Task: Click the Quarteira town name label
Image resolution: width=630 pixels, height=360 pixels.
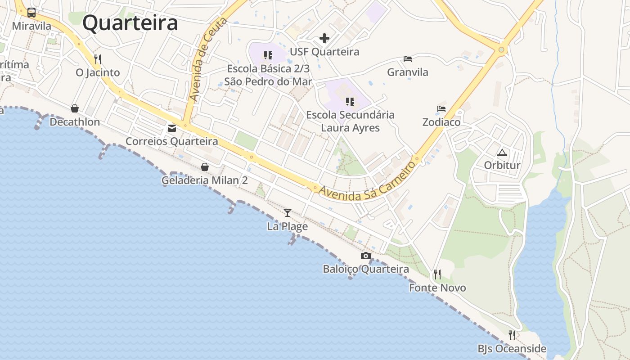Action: click(x=130, y=22)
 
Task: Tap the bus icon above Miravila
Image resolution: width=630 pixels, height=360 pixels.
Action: click(x=31, y=13)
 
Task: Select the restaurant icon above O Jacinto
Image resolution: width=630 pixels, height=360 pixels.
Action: click(x=98, y=59)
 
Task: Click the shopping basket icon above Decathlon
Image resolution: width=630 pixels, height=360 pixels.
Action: click(x=75, y=108)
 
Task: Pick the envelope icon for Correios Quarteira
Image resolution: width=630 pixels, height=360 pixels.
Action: click(x=172, y=128)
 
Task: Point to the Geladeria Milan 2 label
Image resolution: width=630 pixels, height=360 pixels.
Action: click(x=205, y=180)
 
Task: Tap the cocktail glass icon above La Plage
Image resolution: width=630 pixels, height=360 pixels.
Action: click(x=288, y=212)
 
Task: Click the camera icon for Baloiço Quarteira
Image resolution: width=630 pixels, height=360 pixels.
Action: click(x=366, y=256)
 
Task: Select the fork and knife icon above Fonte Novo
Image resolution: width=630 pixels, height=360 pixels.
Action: click(x=437, y=274)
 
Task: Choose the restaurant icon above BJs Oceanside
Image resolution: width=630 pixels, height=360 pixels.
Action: click(x=512, y=335)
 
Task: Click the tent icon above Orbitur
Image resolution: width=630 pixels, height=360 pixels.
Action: click(x=502, y=152)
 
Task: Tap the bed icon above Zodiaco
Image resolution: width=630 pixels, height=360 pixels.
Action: click(x=441, y=109)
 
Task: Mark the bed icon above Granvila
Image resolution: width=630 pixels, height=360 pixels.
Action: click(x=408, y=59)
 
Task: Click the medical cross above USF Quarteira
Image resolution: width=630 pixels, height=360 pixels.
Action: click(x=324, y=38)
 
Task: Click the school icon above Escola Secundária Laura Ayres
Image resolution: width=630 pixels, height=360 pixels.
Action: click(x=350, y=102)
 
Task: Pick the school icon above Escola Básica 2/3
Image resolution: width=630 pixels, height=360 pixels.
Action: click(x=268, y=55)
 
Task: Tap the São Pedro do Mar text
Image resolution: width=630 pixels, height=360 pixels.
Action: click(x=268, y=81)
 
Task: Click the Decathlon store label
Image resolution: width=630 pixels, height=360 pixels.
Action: click(x=75, y=122)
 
